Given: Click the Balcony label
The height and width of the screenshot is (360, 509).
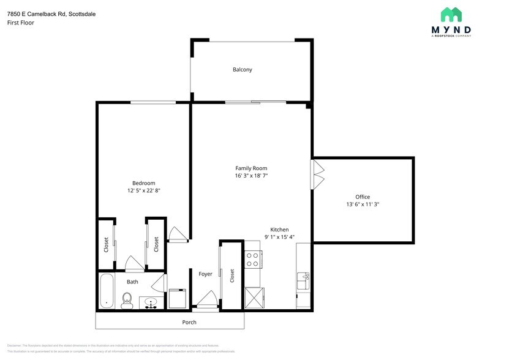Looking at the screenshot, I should coord(242,70).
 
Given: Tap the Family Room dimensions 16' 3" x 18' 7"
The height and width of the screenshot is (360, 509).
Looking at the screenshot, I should coord(251,176).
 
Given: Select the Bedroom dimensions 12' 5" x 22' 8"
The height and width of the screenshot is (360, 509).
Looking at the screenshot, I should coord(143,191).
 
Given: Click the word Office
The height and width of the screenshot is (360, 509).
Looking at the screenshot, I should coord(363,197).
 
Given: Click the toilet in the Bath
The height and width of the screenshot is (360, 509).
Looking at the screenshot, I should coord(127,299).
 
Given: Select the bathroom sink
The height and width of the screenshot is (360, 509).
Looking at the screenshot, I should coord(151,302).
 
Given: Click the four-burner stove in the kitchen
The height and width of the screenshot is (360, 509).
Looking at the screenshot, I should coord(253,260).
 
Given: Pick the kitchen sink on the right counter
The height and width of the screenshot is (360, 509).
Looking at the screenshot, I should coord(303,282).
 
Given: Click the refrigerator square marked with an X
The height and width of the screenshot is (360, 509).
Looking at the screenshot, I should coord(253,298).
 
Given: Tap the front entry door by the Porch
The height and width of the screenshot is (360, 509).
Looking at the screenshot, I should coord(205,301).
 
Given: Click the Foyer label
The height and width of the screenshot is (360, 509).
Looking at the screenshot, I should coord(205,274).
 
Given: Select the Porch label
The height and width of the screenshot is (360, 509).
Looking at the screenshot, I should coord(189,322).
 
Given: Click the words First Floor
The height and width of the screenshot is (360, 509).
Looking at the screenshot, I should coord(21,23).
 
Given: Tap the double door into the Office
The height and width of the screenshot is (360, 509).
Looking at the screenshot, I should coord(317,174).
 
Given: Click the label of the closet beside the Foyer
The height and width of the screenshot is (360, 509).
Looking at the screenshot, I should coord(232,276).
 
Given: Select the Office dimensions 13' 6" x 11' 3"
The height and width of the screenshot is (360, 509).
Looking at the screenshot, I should coord(363,204).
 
